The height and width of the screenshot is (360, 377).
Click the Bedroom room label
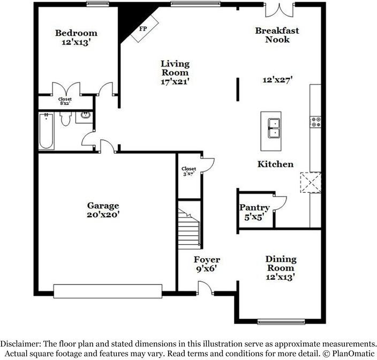coord(76,33)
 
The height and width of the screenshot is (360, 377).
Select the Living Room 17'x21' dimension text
coord(175,82)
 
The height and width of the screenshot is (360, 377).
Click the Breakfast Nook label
coord(277,35)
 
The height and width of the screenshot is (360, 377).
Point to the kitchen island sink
coord(273,129)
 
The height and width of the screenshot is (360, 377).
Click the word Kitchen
coord(275,164)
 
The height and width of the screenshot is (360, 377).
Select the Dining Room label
coord(281,264)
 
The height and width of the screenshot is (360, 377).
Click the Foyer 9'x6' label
coord(206,264)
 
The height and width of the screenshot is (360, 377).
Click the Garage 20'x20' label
coord(103,209)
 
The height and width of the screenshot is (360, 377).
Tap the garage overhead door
coord(107,291)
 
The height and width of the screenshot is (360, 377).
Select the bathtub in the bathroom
coord(46,131)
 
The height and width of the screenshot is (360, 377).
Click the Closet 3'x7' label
coord(188,171)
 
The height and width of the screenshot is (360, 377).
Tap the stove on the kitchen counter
coord(315,122)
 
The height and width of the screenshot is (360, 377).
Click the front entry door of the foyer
coord(205,289)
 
